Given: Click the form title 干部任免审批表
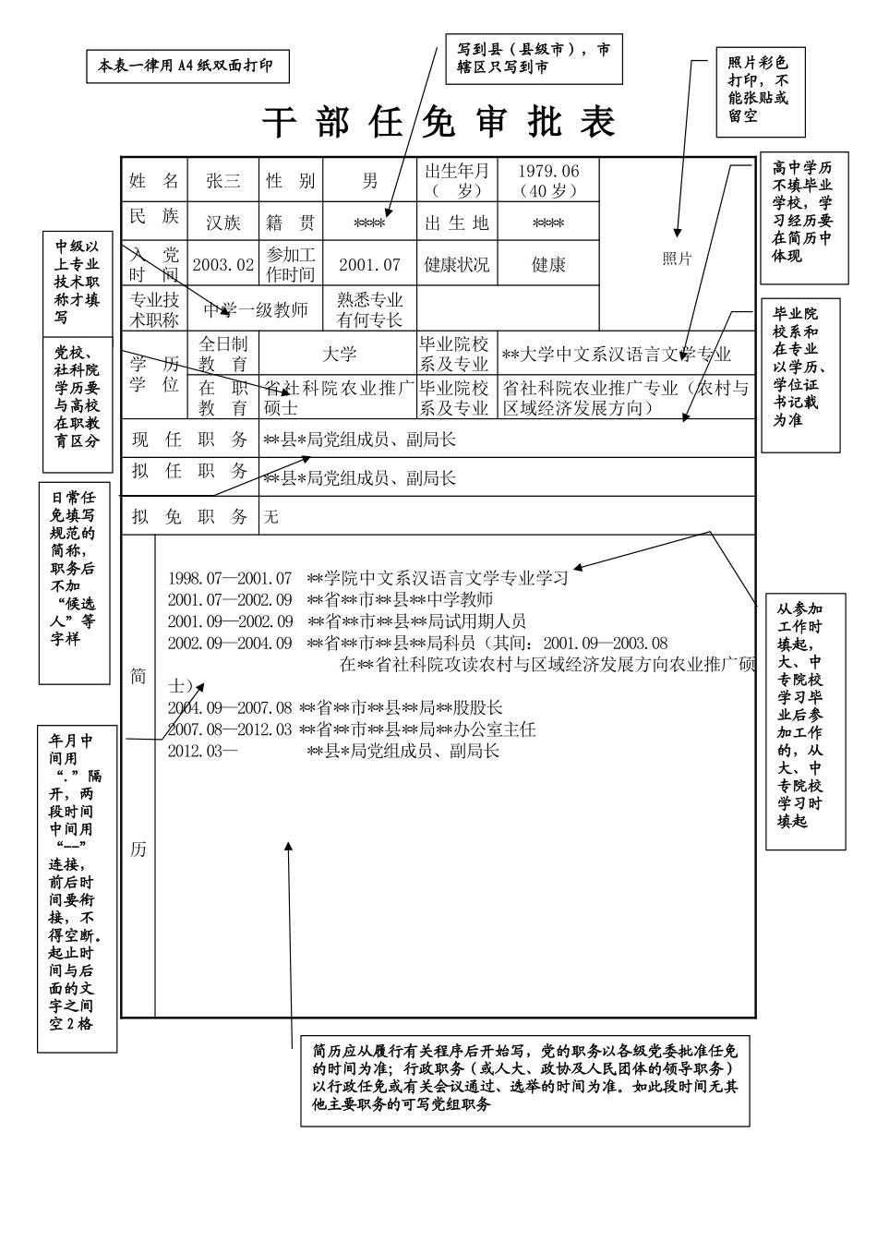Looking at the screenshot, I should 438,122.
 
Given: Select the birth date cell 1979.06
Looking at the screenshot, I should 548,181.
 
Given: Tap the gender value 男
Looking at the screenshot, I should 369,181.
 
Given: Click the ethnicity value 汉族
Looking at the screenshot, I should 222,223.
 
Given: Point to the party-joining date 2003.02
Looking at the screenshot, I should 222,265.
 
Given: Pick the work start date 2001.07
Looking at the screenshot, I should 369,265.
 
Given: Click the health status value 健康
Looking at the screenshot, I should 548,265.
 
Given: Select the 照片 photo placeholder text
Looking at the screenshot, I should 677,259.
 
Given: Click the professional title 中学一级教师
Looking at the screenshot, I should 256,310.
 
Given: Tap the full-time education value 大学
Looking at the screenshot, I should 339,355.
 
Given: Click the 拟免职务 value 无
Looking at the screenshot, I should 271,517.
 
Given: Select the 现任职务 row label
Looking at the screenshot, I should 189,440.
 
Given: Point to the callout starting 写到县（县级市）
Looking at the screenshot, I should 534,58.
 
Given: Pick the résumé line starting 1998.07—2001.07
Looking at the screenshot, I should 367,579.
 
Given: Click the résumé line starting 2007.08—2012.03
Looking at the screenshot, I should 351,729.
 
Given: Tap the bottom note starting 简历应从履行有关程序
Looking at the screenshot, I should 524,1078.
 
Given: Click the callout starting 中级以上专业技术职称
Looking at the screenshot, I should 78,282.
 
